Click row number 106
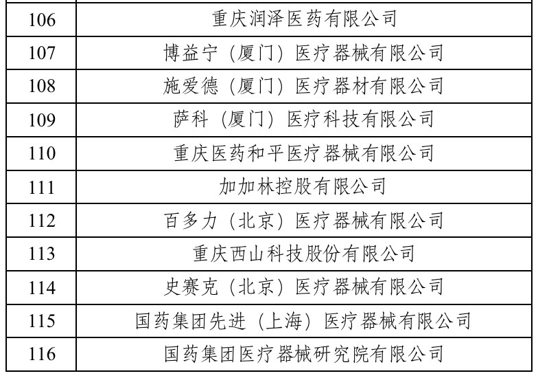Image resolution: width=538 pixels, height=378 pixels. coord(41,19)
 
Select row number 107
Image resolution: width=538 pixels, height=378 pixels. coord(41,53)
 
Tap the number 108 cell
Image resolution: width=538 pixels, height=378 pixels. coord(41,86)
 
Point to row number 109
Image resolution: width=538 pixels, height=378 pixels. coord(41,120)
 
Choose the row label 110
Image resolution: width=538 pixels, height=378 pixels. coord(41,153)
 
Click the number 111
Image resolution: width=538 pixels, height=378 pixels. coord(41,187)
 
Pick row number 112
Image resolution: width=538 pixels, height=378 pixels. coord(41,220)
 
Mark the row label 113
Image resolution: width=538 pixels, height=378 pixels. coord(41,254)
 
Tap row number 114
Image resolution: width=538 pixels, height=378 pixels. coord(41,287)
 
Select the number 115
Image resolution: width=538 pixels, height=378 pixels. coord(41,320)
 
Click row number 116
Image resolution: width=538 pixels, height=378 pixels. coord(41,354)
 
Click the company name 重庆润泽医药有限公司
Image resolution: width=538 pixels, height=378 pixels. coord(304,19)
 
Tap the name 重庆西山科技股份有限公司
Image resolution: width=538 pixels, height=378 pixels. coord(303,254)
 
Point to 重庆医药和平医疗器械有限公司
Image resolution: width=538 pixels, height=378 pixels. coord(303,153)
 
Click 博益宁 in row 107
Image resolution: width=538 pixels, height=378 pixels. coord(191,52)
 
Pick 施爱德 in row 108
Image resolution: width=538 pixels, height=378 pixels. coord(191,86)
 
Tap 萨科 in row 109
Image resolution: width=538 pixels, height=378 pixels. coord(191,120)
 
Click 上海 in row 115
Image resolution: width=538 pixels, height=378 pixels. coord(284,321)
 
